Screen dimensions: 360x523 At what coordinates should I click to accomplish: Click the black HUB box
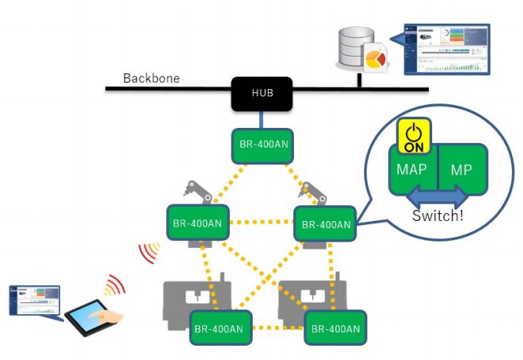pyautogui.click(x=261, y=93)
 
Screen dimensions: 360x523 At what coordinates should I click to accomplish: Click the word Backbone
pyautogui.click(x=151, y=79)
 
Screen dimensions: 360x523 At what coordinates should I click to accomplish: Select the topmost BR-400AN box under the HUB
pyautogui.click(x=262, y=145)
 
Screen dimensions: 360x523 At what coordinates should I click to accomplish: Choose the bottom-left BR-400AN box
pyautogui.click(x=221, y=328)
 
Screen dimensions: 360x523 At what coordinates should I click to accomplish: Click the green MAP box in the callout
pyautogui.click(x=412, y=170)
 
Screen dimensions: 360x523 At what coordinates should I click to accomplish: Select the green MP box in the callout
pyautogui.click(x=461, y=170)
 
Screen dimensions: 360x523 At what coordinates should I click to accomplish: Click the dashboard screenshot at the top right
pyautogui.click(x=446, y=49)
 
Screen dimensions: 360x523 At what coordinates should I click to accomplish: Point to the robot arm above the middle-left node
pyautogui.click(x=196, y=192)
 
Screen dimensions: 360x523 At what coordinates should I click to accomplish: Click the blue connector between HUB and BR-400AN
pyautogui.click(x=261, y=119)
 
